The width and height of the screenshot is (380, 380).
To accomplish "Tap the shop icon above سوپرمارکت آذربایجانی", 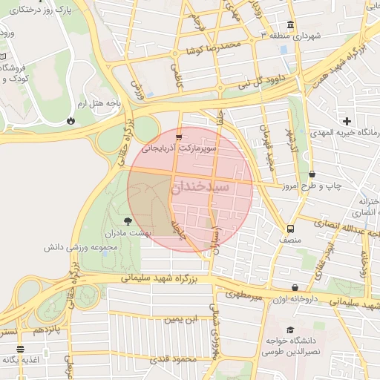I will click(x=179, y=138).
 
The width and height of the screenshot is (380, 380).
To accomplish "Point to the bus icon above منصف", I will click(x=290, y=229).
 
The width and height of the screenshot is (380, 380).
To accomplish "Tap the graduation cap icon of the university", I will click(x=290, y=330).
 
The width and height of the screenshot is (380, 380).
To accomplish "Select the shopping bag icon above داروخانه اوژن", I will click(x=295, y=287).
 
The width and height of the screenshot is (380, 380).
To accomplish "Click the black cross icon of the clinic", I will click(x=346, y=121).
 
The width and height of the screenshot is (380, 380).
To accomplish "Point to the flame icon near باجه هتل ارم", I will click(x=71, y=119).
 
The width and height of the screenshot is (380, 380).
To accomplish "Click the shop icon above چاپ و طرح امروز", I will click(x=311, y=174).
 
